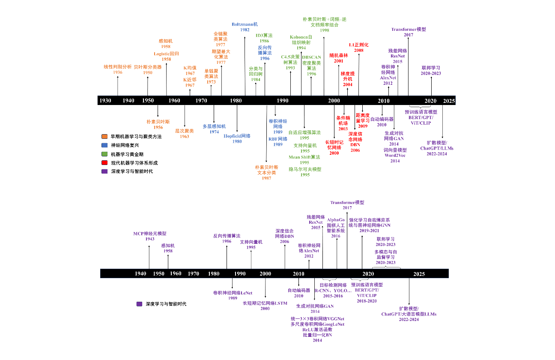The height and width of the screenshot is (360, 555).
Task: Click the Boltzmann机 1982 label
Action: [x=245, y=27]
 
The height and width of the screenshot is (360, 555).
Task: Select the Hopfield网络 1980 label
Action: [x=237, y=138]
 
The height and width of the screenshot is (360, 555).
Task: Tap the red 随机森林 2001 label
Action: [x=339, y=58]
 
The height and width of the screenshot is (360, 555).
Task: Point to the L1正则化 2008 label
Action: [x=358, y=47]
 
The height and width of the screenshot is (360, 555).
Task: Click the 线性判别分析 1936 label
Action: [x=118, y=69]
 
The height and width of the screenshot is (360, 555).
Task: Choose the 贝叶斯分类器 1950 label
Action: [x=148, y=69]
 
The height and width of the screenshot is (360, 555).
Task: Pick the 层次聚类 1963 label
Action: [x=185, y=133]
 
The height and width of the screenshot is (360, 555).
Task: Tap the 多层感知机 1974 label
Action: [x=214, y=129]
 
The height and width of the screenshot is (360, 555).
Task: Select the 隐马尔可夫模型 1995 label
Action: [x=305, y=172]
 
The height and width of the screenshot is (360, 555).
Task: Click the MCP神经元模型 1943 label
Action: [x=149, y=236]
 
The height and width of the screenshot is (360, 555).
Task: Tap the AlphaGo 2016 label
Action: [x=336, y=228]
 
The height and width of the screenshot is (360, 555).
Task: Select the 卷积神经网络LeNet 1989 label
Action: [x=233, y=295]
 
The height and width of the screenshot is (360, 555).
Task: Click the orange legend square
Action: [x=104, y=136]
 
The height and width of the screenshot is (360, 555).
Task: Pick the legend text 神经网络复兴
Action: [x=125, y=145]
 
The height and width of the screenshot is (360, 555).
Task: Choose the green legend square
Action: [x=104, y=154]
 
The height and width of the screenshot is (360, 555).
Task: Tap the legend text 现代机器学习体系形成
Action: [x=134, y=163]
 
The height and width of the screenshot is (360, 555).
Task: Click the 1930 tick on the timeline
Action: [x=105, y=101]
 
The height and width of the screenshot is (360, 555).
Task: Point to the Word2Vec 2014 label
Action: [x=395, y=156]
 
